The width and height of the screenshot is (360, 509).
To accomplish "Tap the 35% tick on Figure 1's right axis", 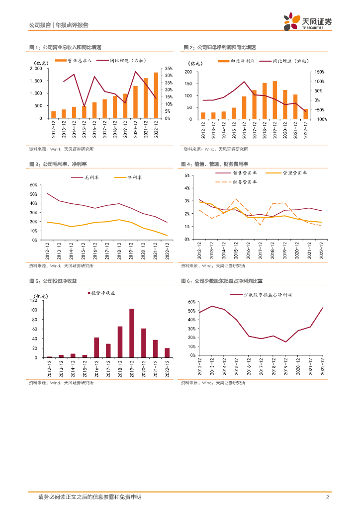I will [x=169, y=69].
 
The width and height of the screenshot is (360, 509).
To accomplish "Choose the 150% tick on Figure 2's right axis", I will [x=318, y=72].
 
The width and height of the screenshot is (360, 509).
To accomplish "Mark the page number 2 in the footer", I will [x=328, y=497].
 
